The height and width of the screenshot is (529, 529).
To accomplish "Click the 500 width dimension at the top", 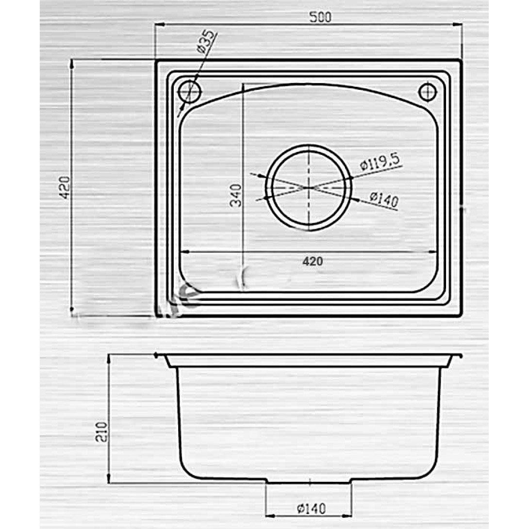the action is [x=320, y=17].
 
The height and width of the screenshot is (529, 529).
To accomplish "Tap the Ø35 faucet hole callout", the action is [x=205, y=42].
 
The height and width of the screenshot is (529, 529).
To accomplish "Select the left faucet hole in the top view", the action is [x=190, y=91].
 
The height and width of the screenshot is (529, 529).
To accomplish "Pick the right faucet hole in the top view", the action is [x=427, y=91].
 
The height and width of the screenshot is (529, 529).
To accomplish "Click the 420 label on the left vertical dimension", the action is [x=65, y=188].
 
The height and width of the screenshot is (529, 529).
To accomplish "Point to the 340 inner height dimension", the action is [x=236, y=195].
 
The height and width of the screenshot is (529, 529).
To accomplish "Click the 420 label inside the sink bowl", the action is [x=313, y=261].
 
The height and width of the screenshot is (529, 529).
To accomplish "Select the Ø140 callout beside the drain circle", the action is [x=384, y=199].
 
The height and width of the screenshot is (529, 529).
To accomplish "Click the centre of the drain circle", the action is [x=309, y=187].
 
